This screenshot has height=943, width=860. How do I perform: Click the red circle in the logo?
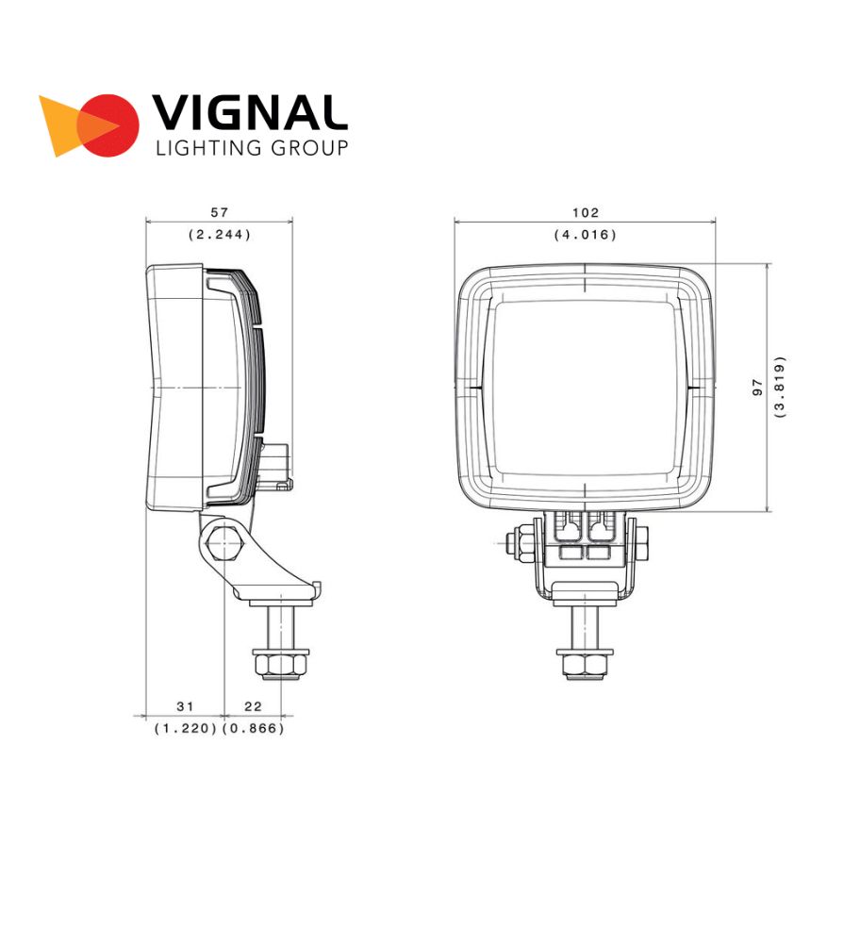[x=108, y=125]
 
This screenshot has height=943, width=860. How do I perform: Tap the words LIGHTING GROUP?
[x=252, y=148]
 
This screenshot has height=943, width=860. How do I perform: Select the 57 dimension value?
[x=220, y=212]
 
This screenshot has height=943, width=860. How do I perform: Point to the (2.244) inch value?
[x=220, y=234]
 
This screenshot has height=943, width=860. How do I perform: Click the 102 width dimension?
[x=586, y=212]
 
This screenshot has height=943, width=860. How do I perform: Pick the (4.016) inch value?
[x=586, y=234]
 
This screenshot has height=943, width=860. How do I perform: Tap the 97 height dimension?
[x=757, y=388]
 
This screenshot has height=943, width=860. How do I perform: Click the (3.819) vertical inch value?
[x=780, y=388]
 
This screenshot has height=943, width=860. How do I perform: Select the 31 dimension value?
[x=185, y=706]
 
